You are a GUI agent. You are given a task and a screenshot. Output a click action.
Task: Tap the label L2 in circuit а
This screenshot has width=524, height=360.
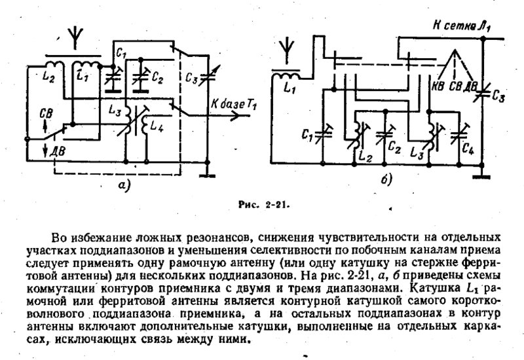point(49,77)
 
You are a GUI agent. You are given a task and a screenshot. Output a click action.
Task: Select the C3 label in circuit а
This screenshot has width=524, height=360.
point(191,79)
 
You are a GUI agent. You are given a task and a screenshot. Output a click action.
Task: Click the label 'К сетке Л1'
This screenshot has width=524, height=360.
point(462,26)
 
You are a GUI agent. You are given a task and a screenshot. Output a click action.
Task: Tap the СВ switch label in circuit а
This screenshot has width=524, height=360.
point(46,114)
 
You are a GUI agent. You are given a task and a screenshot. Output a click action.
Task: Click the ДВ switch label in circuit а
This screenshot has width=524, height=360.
point(57,152)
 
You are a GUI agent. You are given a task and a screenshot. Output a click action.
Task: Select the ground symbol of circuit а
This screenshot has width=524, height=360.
point(207,174)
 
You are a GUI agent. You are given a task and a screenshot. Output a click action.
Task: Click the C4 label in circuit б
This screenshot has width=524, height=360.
point(468,149)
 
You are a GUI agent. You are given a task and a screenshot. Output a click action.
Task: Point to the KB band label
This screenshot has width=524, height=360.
point(438,86)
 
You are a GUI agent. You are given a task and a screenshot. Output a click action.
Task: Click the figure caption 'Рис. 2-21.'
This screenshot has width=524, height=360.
point(264,205)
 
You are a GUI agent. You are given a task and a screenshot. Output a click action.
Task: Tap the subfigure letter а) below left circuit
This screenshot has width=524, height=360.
point(124,185)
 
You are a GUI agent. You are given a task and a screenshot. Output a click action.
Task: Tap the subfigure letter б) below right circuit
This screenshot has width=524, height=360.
point(386,179)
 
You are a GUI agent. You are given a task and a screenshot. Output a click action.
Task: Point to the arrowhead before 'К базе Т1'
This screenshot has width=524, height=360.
point(235,116)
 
